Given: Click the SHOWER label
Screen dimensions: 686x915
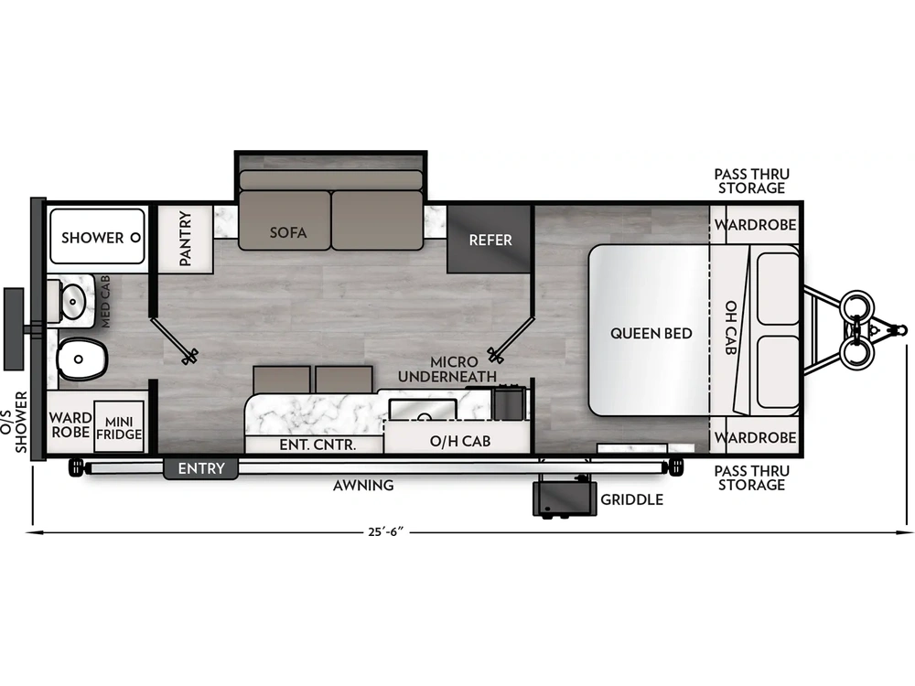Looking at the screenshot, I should click(x=92, y=238).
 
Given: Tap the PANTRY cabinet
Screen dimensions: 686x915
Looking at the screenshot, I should click(x=185, y=239).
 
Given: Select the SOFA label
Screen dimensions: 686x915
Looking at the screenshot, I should click(x=288, y=232).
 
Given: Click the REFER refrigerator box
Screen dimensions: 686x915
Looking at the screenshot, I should click(x=490, y=240).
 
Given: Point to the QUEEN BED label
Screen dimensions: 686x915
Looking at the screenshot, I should click(x=651, y=333).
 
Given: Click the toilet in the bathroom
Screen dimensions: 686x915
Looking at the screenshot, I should click(x=81, y=357).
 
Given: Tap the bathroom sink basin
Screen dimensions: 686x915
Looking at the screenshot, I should click(x=73, y=299).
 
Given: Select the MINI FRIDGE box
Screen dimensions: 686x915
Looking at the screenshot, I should click(x=119, y=427).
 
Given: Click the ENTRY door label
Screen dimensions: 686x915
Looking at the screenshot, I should click(x=200, y=469).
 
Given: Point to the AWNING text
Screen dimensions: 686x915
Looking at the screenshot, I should click(x=363, y=486).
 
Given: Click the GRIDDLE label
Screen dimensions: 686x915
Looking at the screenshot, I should click(x=631, y=500).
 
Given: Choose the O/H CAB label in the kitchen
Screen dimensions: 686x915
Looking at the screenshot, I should click(x=460, y=441).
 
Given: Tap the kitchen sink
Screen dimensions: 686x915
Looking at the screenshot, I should click(x=422, y=408).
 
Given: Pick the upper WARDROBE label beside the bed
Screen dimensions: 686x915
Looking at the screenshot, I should click(x=755, y=225).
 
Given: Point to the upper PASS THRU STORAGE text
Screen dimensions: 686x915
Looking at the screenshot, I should click(x=751, y=181).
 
